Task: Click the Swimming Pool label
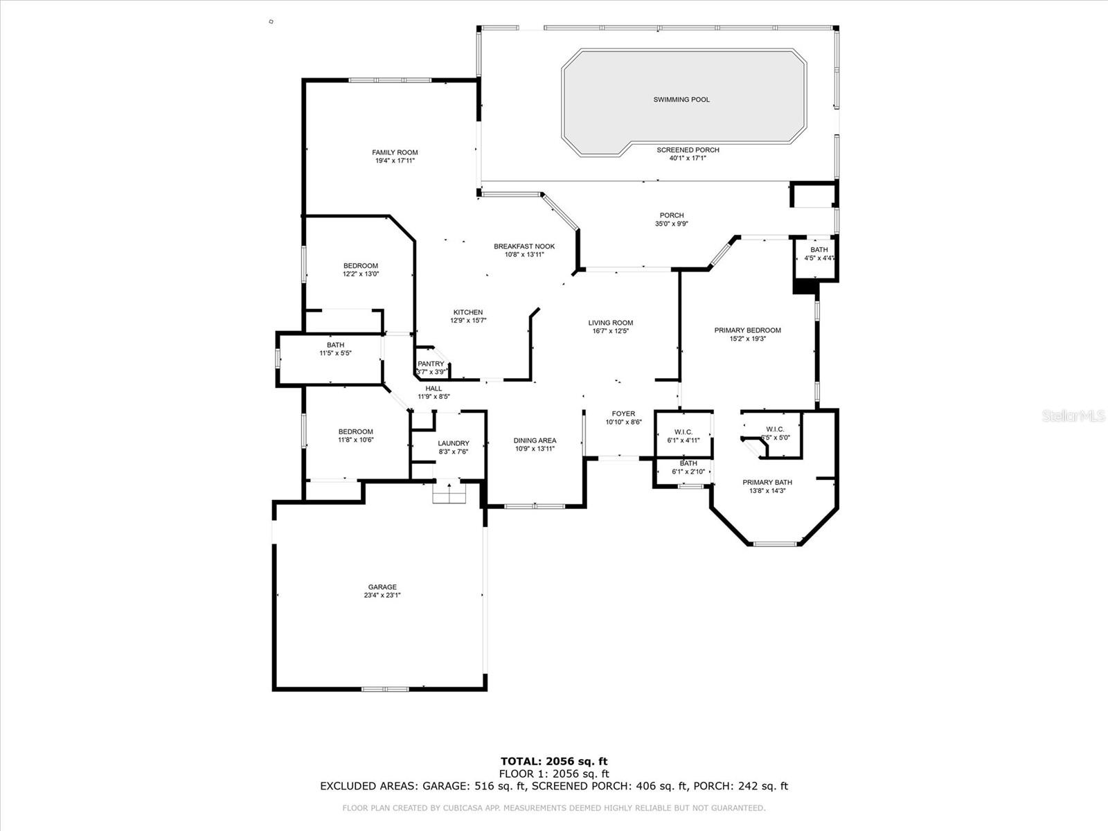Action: click(x=681, y=100)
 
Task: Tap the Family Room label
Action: click(x=395, y=152)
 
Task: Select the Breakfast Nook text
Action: click(x=524, y=247)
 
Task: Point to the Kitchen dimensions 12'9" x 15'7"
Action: click(x=468, y=321)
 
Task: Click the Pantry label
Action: click(x=431, y=364)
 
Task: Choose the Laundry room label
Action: click(x=454, y=443)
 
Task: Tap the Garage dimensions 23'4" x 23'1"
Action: click(x=382, y=596)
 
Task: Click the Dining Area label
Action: click(x=535, y=440)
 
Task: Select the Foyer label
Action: click(x=623, y=414)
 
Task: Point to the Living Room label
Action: click(x=611, y=323)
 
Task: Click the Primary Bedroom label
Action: click(x=747, y=330)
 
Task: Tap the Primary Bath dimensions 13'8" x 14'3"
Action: click(x=767, y=491)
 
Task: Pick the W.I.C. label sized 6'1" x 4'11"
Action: click(x=683, y=432)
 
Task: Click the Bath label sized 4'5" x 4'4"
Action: click(x=819, y=250)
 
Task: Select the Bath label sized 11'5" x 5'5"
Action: click(x=335, y=345)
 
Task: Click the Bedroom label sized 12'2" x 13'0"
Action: click(x=361, y=266)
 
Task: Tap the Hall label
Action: click(x=434, y=388)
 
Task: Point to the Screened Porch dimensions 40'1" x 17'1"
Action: click(x=688, y=159)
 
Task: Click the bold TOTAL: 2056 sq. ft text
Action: click(x=554, y=762)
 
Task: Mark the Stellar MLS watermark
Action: click(x=1073, y=416)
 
